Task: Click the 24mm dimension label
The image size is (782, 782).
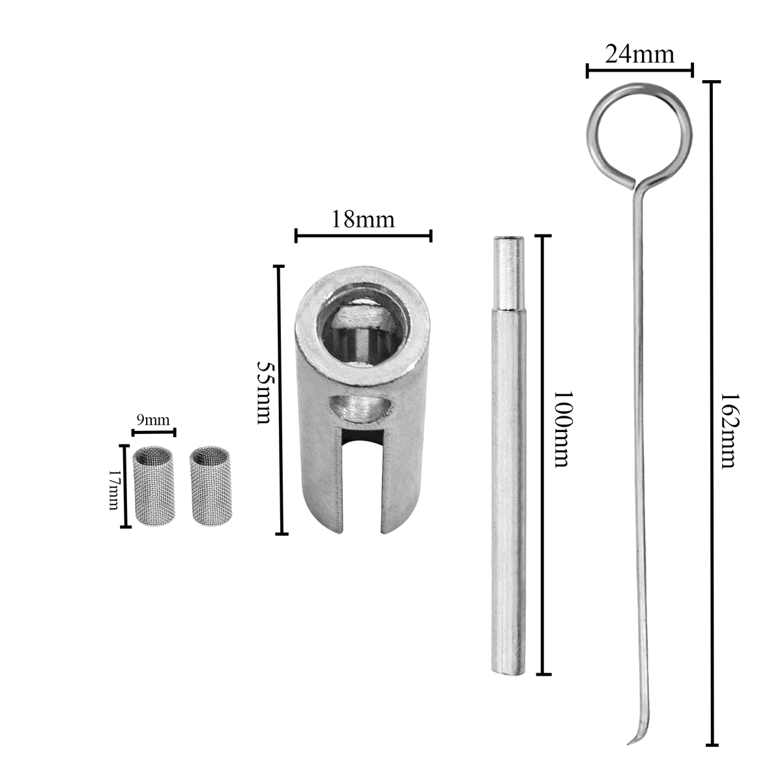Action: tap(639, 54)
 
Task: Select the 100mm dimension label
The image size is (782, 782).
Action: tap(564, 429)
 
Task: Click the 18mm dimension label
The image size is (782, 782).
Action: tap(363, 220)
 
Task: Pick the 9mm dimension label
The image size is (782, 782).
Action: tap(153, 420)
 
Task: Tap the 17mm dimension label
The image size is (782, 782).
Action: tap(114, 490)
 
